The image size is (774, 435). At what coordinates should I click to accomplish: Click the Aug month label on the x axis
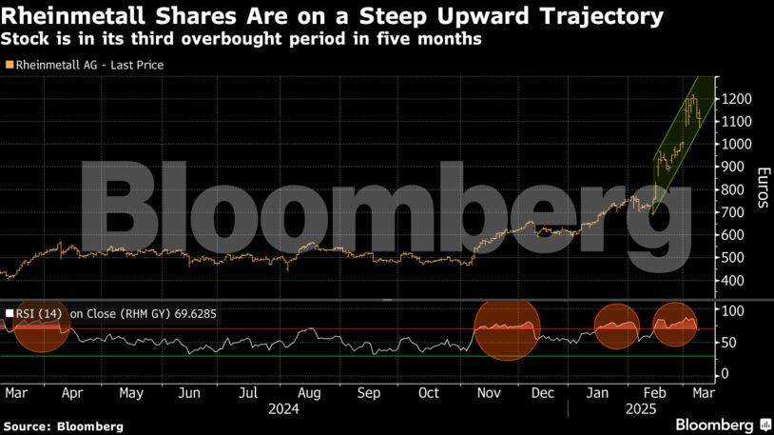coord(307,392)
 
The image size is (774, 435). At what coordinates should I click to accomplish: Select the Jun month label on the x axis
coord(189,392)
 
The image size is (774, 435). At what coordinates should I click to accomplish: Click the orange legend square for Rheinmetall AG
coord(10,65)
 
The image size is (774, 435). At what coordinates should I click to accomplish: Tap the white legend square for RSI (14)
coord(10,310)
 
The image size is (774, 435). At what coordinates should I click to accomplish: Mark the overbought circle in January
coord(616,326)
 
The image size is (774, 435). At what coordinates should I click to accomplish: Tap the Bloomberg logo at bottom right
coord(723,423)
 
